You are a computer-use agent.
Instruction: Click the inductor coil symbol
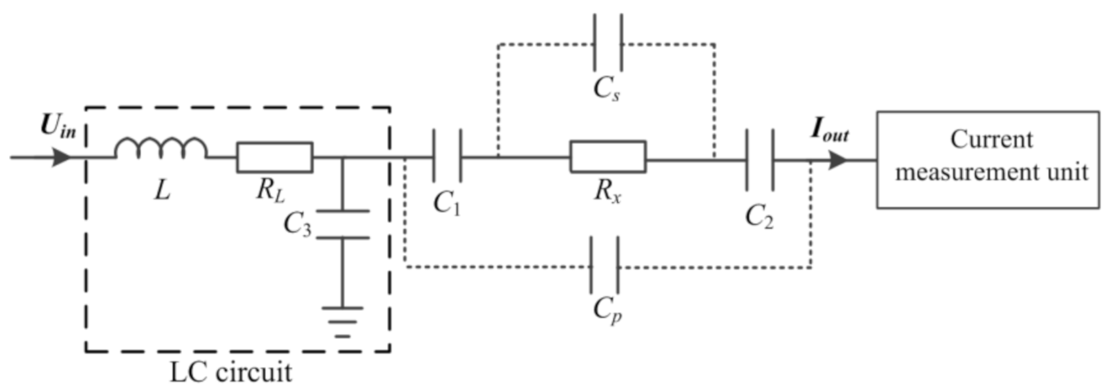coord(161,149)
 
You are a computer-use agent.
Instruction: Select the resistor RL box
coord(274,157)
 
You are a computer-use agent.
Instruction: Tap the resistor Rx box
coord(608,157)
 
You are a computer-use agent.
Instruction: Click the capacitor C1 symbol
coord(447,156)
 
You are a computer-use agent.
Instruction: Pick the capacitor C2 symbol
coord(759,159)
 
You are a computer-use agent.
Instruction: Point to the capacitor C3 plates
coord(342,224)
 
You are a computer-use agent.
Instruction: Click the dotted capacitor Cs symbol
coord(608,43)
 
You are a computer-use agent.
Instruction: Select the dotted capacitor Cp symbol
coord(604,266)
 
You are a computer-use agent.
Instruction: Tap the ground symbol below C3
coord(342,321)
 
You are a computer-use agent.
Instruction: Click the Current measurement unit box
coord(987,160)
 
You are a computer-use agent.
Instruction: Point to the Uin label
coord(58,126)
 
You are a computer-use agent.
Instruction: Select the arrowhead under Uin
coord(62,157)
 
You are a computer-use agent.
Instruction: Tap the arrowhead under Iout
coord(837,160)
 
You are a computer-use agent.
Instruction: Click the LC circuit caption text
coord(230,372)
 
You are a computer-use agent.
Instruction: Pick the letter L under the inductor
coord(162,190)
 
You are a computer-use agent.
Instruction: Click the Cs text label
coord(606,88)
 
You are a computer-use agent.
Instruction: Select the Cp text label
coord(607,310)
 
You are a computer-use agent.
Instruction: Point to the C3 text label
coord(297,224)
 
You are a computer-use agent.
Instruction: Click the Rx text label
coord(607,191)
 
